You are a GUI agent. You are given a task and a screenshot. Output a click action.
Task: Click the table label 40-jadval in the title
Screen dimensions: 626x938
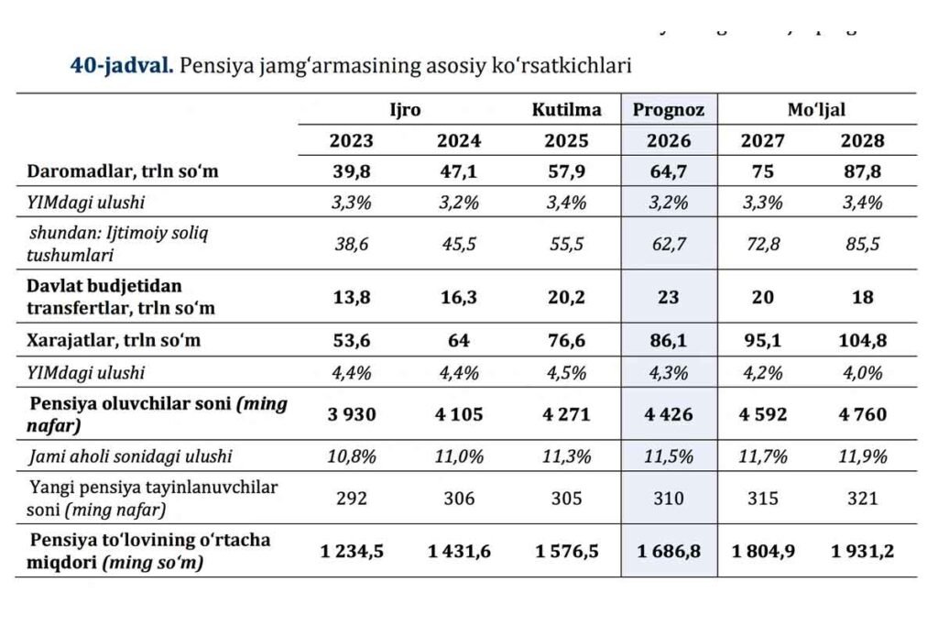click(x=122, y=66)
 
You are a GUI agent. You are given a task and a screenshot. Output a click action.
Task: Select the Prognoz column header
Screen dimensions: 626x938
click(x=669, y=110)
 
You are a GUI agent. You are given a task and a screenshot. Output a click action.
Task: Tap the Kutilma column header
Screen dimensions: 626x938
click(x=567, y=110)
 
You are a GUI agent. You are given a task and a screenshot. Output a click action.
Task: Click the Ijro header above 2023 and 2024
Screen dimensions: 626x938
click(x=405, y=110)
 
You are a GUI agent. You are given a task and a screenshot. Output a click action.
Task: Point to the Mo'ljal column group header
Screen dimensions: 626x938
click(x=816, y=110)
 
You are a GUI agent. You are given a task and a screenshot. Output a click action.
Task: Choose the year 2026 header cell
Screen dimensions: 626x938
click(x=669, y=141)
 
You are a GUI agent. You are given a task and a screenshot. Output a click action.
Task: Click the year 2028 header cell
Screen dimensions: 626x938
click(x=862, y=141)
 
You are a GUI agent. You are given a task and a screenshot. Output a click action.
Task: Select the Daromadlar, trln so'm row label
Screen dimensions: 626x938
click(x=123, y=171)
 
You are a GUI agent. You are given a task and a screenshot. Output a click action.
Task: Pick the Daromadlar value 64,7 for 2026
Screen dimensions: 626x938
click(x=669, y=171)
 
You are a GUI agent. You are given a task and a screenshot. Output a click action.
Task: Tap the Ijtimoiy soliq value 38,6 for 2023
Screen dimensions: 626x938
click(x=351, y=244)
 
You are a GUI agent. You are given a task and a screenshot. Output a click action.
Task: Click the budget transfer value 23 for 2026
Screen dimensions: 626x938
click(x=669, y=297)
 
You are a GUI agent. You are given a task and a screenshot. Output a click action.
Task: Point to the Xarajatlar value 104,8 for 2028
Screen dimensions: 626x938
click(x=862, y=341)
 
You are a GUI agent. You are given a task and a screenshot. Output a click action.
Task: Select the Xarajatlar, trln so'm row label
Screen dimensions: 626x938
click(x=114, y=341)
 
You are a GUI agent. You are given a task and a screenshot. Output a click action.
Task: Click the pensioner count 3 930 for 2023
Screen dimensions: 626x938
click(x=351, y=414)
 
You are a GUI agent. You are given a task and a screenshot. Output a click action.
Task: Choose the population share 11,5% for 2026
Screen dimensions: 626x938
click(x=669, y=456)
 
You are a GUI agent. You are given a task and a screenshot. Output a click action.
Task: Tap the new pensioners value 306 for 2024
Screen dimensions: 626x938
click(x=459, y=498)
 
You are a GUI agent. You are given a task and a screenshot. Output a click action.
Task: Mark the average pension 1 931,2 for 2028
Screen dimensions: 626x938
click(x=862, y=551)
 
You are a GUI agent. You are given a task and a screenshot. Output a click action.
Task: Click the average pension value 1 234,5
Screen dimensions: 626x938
click(x=351, y=551)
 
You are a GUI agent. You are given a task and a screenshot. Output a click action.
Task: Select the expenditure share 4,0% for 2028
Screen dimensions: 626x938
click(x=862, y=371)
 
